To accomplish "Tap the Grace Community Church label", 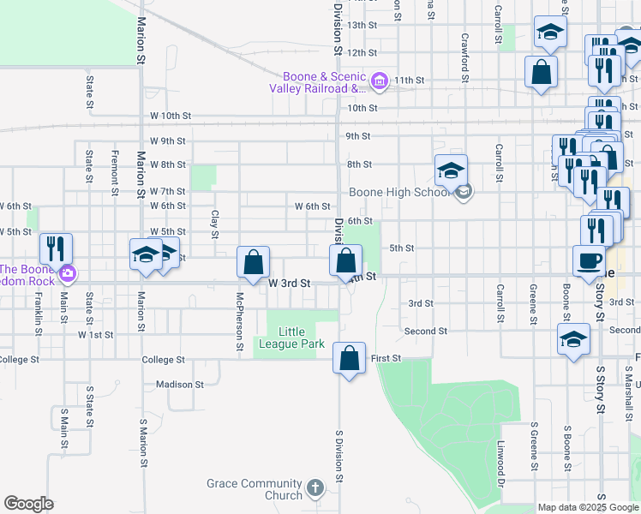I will coord(255,489).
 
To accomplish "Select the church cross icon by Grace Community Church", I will coord(315,489).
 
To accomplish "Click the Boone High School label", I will coord(399,192).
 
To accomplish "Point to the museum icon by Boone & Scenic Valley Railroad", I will coord(380,82).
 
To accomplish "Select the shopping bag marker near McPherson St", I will coord(254,263).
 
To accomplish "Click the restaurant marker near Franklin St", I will coord(57,248).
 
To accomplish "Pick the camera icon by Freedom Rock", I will coord(67,275).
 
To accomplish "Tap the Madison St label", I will coord(180,385).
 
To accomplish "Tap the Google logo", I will coord(29,504).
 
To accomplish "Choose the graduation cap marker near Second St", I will coord(573,338).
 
